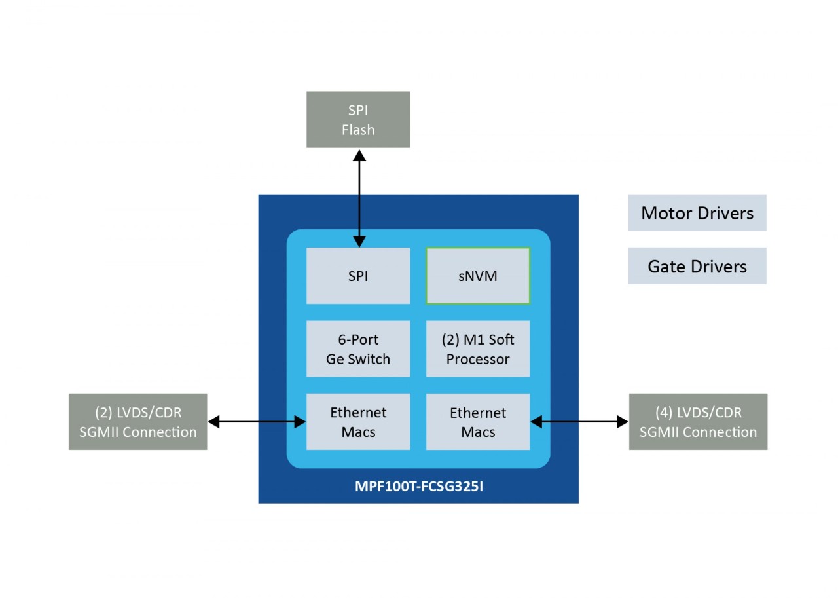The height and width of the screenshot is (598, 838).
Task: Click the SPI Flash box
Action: (358, 119)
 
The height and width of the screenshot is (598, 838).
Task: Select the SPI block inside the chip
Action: (358, 276)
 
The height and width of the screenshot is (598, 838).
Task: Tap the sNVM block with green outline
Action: (478, 276)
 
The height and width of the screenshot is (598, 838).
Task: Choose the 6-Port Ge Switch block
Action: (358, 349)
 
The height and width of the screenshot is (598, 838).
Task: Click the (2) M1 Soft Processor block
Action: (478, 349)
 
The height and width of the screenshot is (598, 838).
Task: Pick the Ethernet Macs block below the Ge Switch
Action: (358, 422)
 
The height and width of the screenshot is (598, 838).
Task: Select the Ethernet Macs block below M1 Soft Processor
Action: (478, 422)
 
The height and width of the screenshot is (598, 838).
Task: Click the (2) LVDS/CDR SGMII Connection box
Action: (137, 422)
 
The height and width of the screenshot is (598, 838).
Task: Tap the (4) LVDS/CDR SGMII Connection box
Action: (698, 422)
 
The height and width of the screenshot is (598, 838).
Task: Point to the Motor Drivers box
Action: (697, 213)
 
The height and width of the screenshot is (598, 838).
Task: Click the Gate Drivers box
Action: (697, 266)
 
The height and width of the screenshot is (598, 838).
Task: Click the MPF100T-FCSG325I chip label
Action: (418, 487)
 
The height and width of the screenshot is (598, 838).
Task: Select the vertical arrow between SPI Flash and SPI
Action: (359, 196)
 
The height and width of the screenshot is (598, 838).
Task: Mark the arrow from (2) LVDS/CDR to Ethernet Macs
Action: (257, 422)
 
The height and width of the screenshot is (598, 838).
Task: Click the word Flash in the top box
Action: (358, 130)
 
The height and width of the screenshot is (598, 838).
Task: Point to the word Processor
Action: (478, 359)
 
